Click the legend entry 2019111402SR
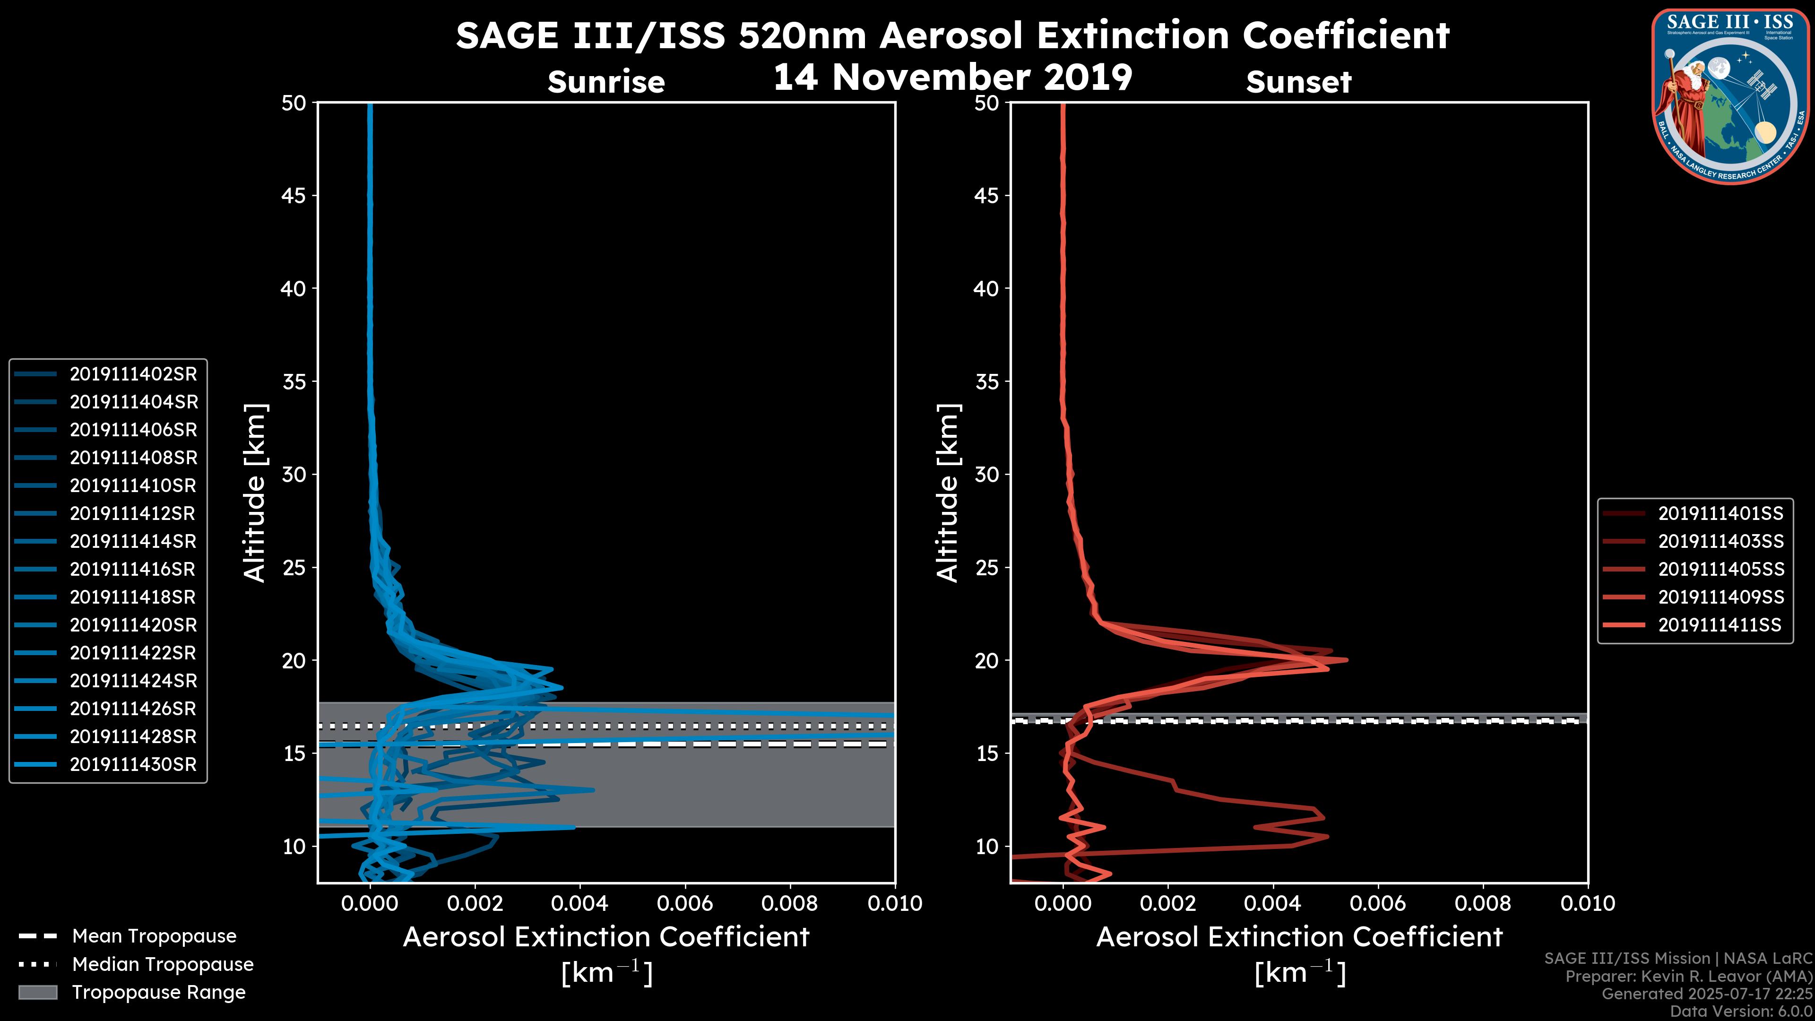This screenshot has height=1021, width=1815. coord(133,374)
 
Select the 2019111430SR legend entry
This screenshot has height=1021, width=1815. coord(133,764)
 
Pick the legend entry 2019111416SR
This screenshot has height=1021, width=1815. coord(133,569)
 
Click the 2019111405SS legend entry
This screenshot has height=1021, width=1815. coord(1720,569)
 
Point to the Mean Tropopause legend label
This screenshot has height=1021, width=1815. coord(154,936)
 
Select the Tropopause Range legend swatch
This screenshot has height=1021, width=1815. coord(37,992)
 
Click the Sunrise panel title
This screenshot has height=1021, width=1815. coord(606,82)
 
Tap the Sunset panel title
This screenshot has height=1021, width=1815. coord(1298,82)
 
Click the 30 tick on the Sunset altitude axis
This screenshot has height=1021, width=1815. coord(986,474)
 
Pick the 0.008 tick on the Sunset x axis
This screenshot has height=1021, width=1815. coord(1483,903)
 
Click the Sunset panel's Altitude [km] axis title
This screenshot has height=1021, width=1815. coord(948,493)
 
